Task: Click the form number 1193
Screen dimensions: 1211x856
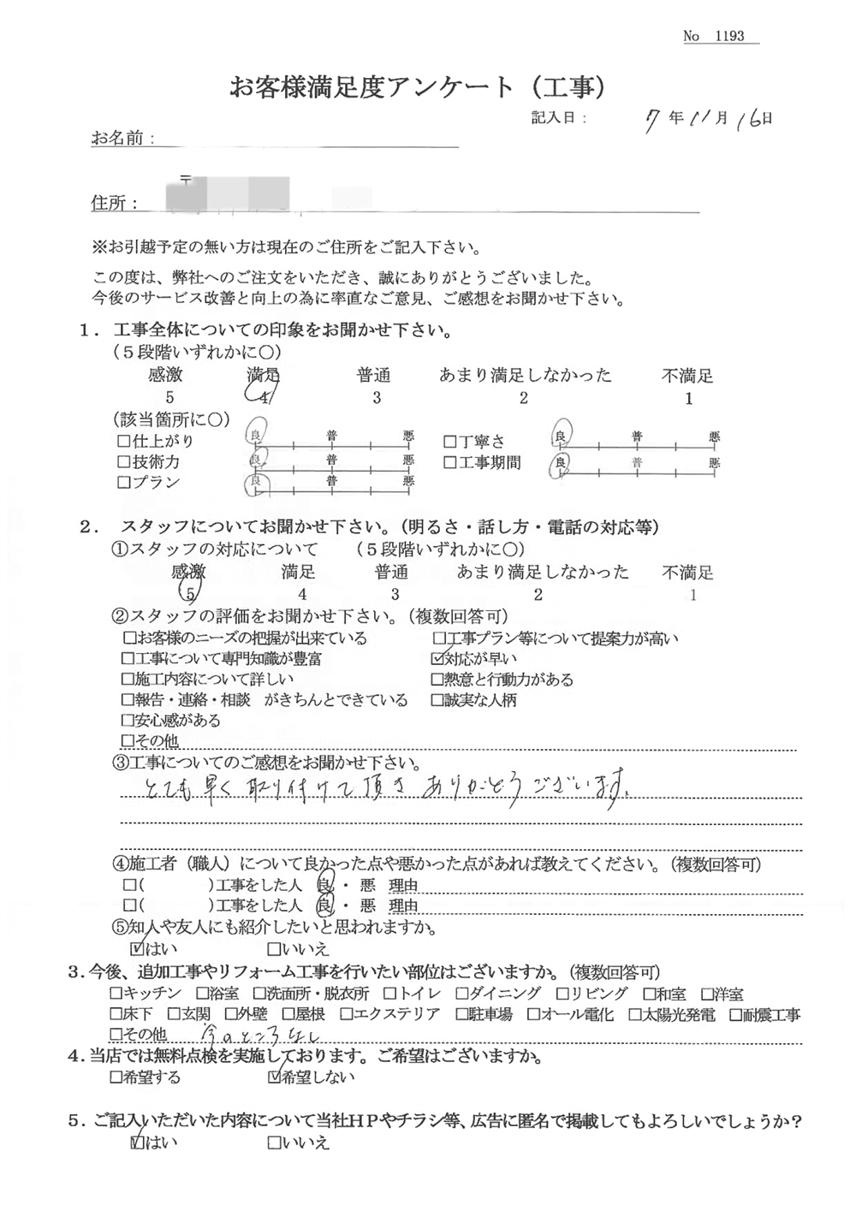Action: coord(728,36)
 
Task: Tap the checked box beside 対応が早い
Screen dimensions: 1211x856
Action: coord(438,659)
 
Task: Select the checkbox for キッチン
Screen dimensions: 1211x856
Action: coord(116,994)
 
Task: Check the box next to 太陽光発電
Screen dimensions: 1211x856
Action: coord(634,1015)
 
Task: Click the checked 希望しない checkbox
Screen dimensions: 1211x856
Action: coord(274,1077)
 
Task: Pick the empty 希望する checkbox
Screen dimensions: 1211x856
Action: coord(116,1077)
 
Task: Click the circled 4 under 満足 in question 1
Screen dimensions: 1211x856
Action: coord(262,395)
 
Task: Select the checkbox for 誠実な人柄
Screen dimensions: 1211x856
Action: coord(438,700)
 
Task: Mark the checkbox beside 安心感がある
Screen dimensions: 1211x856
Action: coord(128,721)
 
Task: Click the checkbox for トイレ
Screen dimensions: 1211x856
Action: coord(389,994)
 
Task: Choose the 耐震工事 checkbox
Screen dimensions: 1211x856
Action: coord(736,1015)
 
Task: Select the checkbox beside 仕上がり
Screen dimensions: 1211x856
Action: coord(122,442)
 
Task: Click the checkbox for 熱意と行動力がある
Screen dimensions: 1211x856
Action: coord(438,680)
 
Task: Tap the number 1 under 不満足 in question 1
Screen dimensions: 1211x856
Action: coord(688,399)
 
